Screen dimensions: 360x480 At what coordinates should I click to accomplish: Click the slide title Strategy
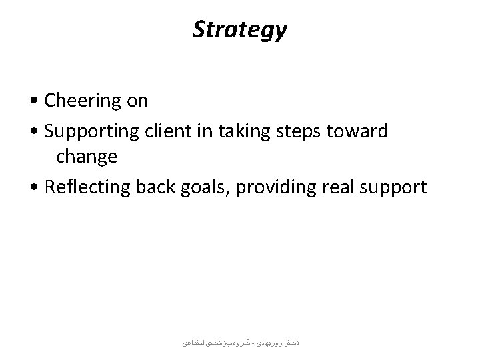point(240,29)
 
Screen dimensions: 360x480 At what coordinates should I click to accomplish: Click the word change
point(87,158)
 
